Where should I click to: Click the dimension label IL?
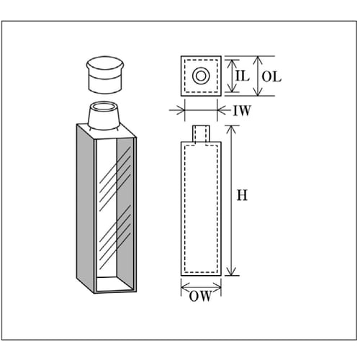(242, 76)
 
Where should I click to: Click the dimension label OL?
(271, 76)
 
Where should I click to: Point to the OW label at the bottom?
(199, 296)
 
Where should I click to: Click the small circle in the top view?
(201, 76)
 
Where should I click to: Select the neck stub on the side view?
(201, 133)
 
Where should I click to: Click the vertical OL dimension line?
(258, 76)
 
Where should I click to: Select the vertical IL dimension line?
(231, 76)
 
